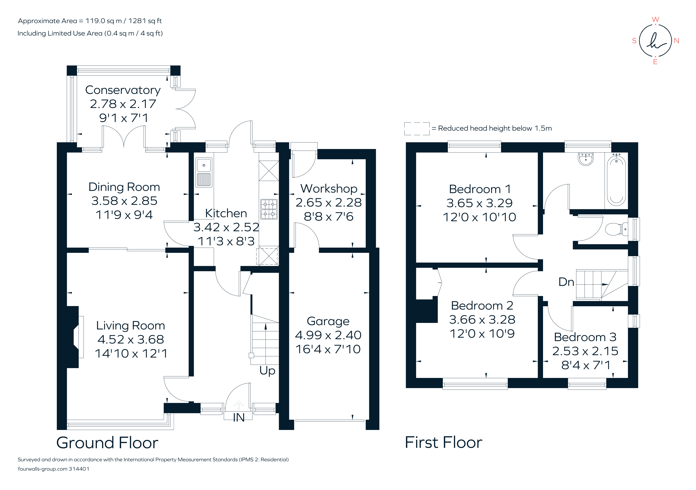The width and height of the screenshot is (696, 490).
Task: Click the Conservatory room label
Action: tap(123, 90)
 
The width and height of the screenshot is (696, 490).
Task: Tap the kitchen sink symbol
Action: tap(204, 172)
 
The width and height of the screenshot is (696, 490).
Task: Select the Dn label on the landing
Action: tap(566, 282)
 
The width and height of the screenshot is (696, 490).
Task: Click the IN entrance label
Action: tap(238, 418)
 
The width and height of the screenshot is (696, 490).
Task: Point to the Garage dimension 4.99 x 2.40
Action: tap(328, 335)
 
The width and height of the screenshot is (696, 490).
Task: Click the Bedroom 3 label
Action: tap(585, 337)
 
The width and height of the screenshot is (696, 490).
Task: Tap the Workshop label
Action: tap(329, 189)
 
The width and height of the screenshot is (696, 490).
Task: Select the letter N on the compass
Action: tap(676, 41)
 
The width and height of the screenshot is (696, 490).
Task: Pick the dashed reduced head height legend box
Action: tap(417, 129)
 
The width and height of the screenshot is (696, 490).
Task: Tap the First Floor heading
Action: tap(443, 442)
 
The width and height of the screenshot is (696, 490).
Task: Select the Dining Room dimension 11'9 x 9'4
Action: tap(124, 215)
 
